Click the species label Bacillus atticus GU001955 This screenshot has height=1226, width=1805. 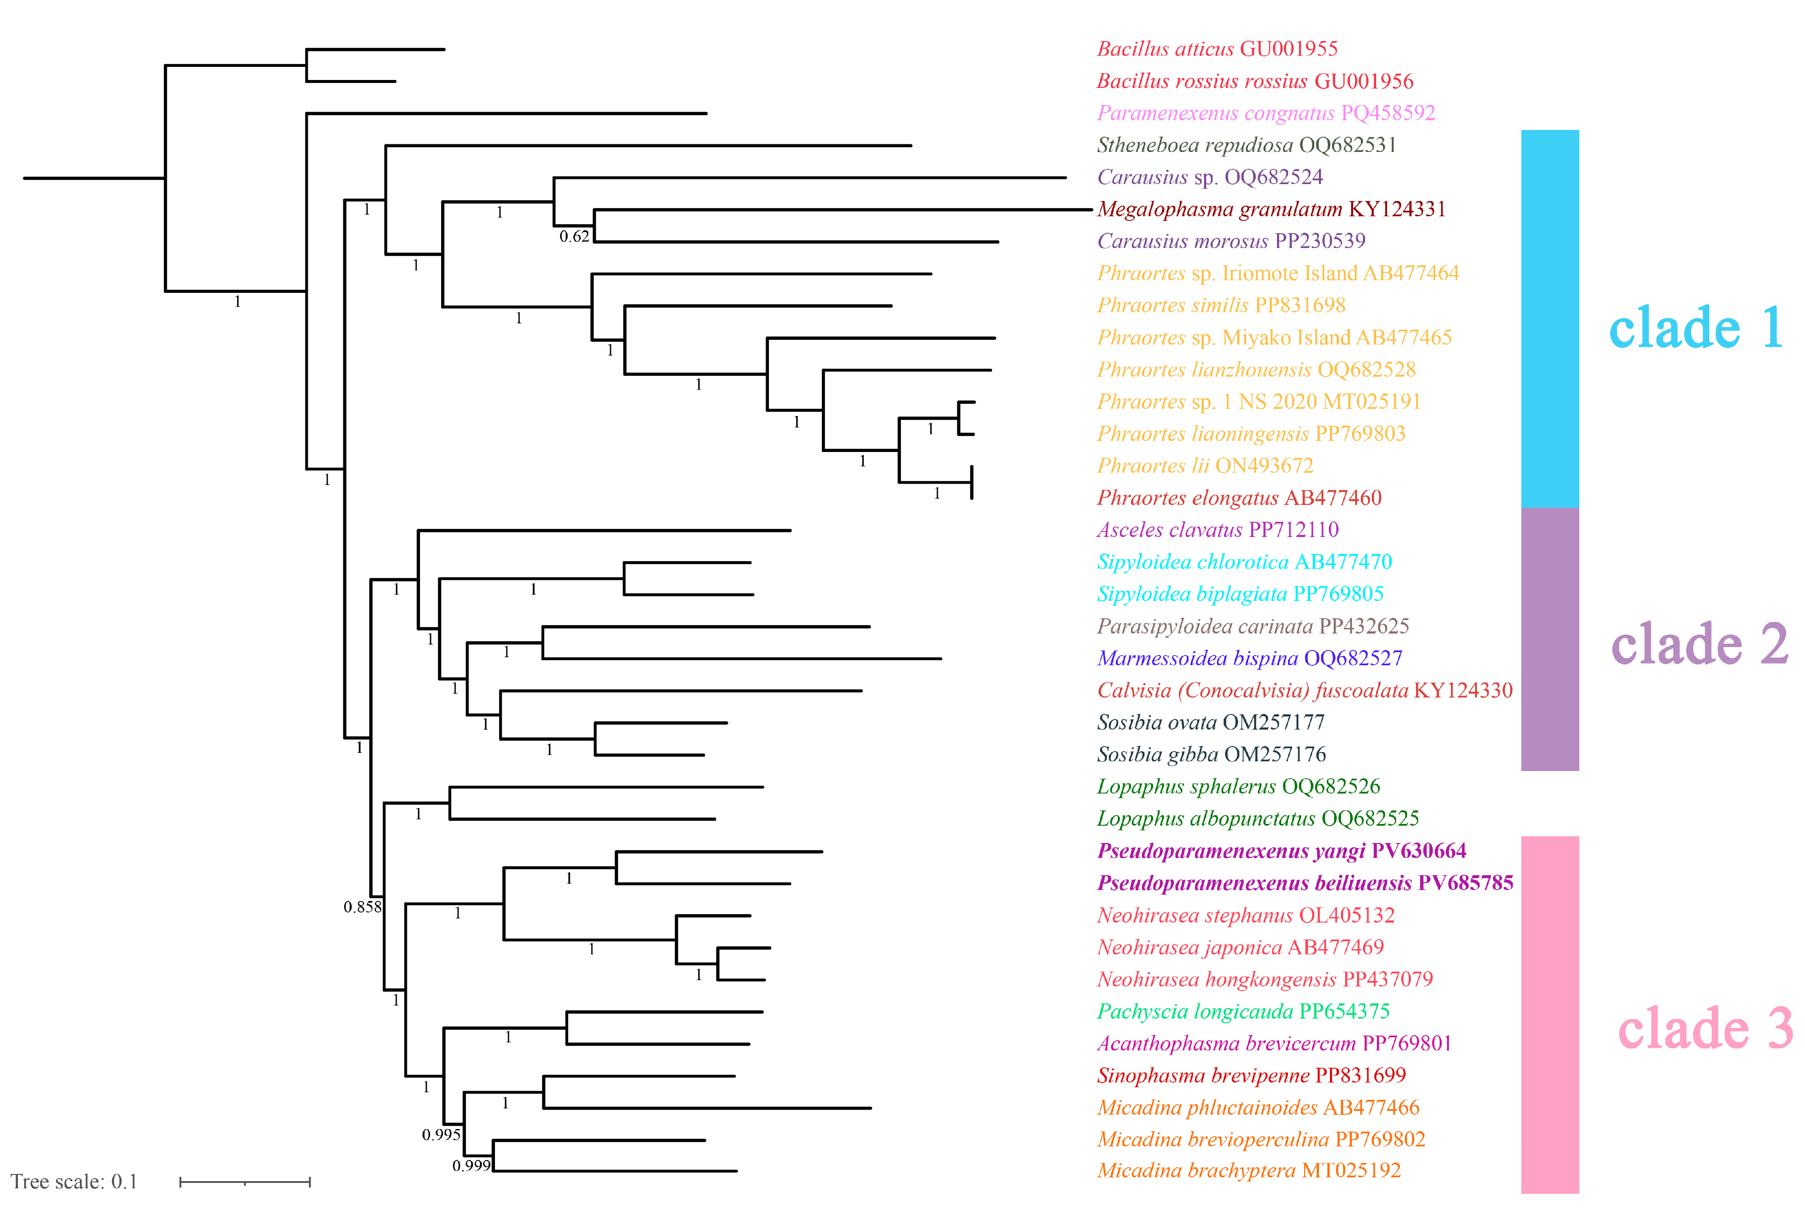tap(1216, 49)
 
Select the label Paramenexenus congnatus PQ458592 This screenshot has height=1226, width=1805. tap(1265, 113)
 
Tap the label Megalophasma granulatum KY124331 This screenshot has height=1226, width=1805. tap(1271, 209)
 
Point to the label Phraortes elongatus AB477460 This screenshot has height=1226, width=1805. tap(1239, 498)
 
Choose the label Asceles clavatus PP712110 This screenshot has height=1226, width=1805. tap(1217, 530)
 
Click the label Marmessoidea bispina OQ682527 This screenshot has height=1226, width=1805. tap(1249, 658)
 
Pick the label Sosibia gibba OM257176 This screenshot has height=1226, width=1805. tap(1211, 755)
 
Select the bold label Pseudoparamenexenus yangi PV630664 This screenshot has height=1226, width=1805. tap(1281, 851)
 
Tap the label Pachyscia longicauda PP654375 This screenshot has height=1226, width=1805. tap(1243, 1012)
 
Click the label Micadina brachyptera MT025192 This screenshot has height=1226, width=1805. tap(1248, 1171)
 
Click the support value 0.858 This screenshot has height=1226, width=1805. tap(362, 907)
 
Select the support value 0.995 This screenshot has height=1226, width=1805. tap(440, 1135)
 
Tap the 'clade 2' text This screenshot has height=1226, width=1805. tap(1699, 645)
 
